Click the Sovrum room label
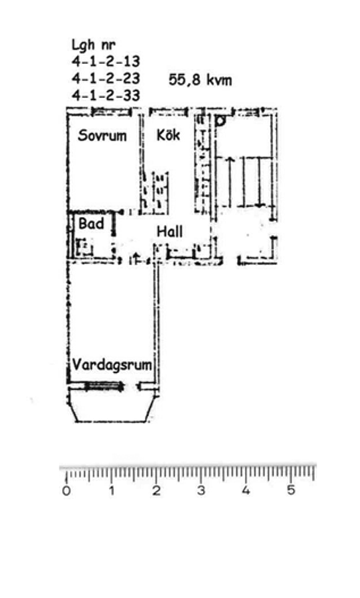[x=102, y=135]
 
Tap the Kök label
[x=168, y=135]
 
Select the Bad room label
[x=91, y=223]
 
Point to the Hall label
[x=170, y=231]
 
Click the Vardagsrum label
[x=112, y=365]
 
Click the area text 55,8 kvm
[x=200, y=80]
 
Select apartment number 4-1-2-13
[x=106, y=61]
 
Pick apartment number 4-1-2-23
[x=106, y=79]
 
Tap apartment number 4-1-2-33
[x=106, y=95]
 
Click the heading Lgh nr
[x=94, y=45]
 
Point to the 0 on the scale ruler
[x=67, y=491]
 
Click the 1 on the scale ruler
[x=112, y=491]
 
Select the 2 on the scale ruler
[x=156, y=491]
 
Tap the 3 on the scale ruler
[x=201, y=491]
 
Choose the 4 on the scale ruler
[x=246, y=491]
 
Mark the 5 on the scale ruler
[x=291, y=491]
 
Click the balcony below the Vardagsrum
[x=112, y=421]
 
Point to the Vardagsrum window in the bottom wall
[x=104, y=386]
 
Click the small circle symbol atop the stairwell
[x=220, y=121]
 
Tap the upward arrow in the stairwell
[x=230, y=182]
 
